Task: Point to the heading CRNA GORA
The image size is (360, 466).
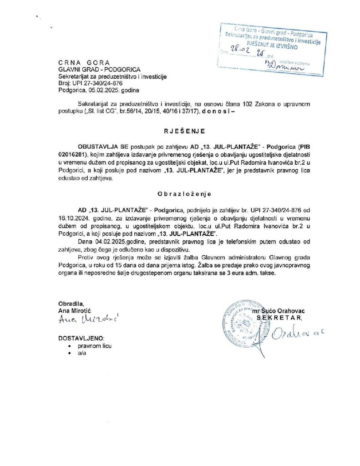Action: coord(84,63)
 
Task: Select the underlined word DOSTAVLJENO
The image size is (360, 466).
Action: coord(81,338)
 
